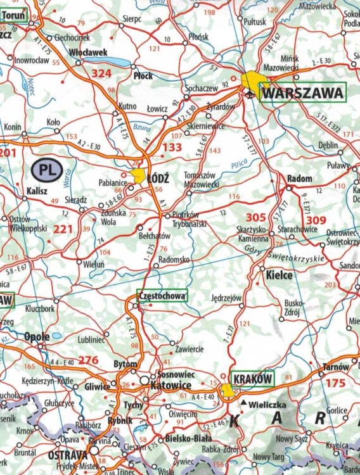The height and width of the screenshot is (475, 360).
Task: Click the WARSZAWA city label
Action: coord(304,94)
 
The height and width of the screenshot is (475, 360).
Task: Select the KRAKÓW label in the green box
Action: coord(253,378)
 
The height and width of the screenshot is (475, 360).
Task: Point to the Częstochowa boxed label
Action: coord(162,296)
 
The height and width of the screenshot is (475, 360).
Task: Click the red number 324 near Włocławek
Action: coord(101,74)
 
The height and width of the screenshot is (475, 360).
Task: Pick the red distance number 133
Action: coord(172,148)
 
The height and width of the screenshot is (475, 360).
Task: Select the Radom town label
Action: coord(300,179)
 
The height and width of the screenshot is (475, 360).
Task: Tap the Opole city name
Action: coord(37,336)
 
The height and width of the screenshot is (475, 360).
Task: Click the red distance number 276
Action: coord(88,360)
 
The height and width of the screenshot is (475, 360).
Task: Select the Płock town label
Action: coord(143,75)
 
